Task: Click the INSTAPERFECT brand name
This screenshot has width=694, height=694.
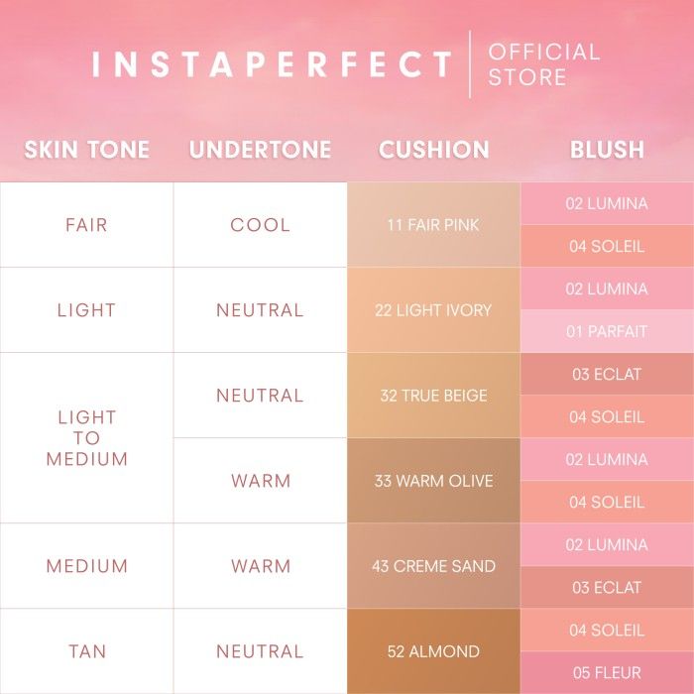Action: [272, 64]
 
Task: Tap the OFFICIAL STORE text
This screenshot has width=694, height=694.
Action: [544, 64]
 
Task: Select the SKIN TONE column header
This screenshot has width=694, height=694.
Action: [87, 149]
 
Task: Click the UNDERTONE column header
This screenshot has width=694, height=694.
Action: [260, 149]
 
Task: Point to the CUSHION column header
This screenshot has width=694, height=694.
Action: [434, 149]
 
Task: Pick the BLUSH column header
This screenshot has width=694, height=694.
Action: [607, 149]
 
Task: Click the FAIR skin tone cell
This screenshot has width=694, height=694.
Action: [87, 225]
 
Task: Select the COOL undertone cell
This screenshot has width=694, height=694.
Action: [260, 225]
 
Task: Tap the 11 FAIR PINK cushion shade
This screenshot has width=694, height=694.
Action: [434, 225]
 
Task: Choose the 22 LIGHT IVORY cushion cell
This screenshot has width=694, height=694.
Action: [434, 310]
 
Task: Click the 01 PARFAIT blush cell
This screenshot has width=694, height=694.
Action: [607, 331]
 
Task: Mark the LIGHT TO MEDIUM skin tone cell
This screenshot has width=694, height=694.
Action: [87, 438]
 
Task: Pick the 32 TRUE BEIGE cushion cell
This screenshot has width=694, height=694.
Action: [434, 396]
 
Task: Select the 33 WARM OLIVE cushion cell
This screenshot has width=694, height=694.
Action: [434, 481]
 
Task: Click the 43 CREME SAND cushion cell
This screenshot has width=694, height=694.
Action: [434, 566]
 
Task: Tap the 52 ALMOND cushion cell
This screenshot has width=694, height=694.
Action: [434, 651]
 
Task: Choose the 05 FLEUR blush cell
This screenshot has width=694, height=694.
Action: [607, 673]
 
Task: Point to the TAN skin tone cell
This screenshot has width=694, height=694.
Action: [87, 651]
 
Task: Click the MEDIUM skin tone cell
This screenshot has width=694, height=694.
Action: [87, 566]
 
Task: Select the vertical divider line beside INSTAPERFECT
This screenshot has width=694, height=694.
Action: [470, 64]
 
